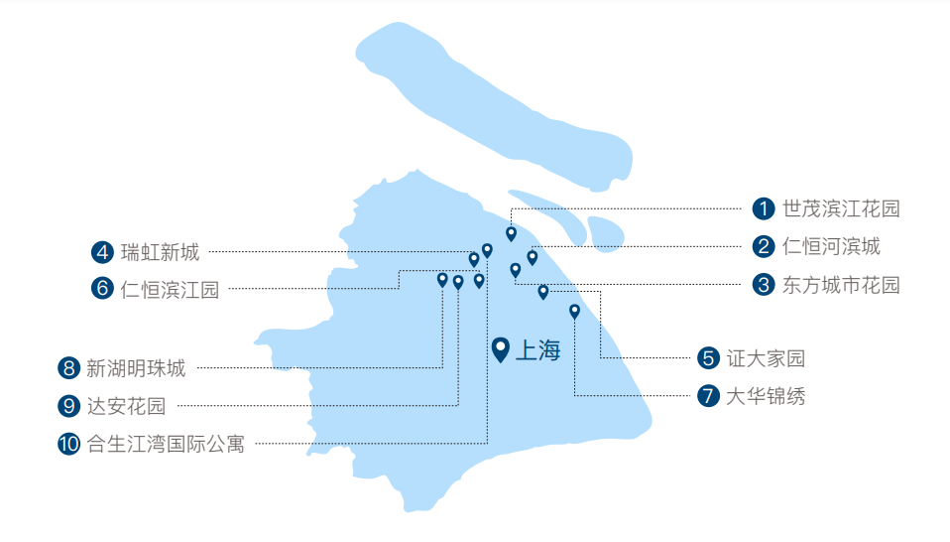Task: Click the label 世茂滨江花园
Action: [841, 209]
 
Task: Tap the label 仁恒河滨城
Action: [831, 246]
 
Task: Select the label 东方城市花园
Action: [841, 285]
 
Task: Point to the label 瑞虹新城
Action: [160, 252]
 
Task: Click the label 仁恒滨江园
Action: [170, 289]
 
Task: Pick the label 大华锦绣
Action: [766, 396]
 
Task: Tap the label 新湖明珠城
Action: [136, 368]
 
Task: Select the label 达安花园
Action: [126, 405]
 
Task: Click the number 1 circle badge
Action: [763, 209]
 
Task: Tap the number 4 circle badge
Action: [102, 252]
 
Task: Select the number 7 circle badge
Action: [708, 396]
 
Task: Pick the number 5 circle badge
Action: [708, 357]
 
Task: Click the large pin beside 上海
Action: [501, 349]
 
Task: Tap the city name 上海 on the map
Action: [538, 350]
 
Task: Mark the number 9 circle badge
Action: [68, 405]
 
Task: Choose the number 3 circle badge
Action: [763, 285]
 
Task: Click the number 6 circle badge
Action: [102, 289]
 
